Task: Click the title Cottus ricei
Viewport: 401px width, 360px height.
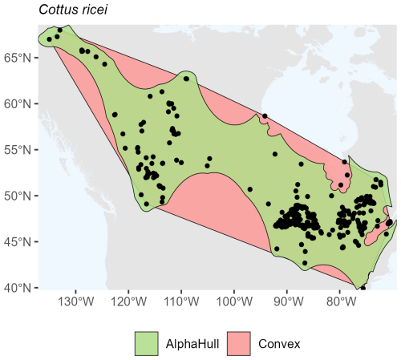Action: (54, 9)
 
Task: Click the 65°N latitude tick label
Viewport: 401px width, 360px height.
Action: (18, 58)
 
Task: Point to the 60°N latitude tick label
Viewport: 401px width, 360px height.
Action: (18, 103)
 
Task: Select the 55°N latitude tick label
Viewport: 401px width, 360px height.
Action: (18, 150)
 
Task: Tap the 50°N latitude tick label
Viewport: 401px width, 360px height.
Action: (18, 196)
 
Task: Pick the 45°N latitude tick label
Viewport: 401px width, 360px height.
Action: (18, 241)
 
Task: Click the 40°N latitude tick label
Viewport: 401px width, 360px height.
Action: (18, 287)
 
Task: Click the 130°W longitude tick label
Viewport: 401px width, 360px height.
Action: (76, 303)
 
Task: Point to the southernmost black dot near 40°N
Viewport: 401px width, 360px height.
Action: (363, 287)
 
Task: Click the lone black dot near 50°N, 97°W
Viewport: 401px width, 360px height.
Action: (250, 189)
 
